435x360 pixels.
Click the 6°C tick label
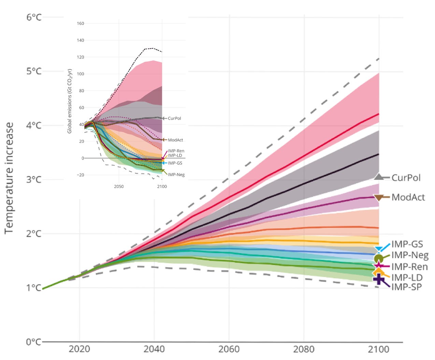point(34,17)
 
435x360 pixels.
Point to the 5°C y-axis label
point(34,71)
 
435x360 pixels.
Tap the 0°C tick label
point(34,342)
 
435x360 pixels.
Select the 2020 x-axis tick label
point(79,349)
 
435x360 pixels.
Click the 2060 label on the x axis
point(229,349)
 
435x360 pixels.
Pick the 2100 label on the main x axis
point(379,349)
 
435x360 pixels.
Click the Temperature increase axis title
point(9,178)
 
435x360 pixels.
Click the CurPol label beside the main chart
point(406,178)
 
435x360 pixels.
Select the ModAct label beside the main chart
point(408,197)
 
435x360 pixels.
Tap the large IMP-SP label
point(406,287)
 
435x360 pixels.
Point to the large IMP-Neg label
point(410,255)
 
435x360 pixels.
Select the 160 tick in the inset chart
point(81,24)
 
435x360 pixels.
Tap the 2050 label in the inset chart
point(119,186)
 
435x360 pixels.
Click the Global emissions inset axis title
point(70,101)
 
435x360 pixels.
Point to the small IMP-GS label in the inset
point(175,163)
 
